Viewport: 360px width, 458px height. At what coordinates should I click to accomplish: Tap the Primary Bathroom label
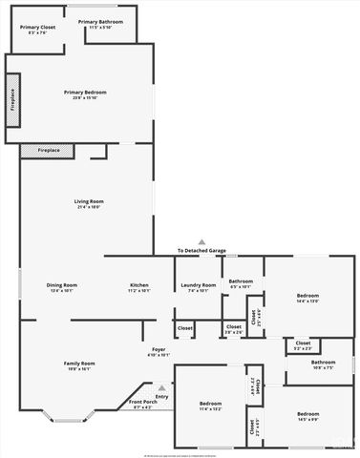101,24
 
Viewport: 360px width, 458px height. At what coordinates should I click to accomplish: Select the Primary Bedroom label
85,94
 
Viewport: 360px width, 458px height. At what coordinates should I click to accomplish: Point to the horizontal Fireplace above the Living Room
49,151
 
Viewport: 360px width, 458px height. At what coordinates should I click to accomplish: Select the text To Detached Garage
201,251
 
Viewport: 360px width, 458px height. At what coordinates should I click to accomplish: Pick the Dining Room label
62,287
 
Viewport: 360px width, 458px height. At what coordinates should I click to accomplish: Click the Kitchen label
139,287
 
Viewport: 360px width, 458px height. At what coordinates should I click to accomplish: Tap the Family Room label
79,365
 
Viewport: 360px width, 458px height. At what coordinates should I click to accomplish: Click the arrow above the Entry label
161,388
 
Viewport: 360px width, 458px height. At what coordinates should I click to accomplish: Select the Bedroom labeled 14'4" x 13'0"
307,298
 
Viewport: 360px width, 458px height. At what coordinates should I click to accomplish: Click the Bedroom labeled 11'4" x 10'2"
210,406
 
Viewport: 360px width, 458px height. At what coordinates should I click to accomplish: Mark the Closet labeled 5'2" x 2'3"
303,344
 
